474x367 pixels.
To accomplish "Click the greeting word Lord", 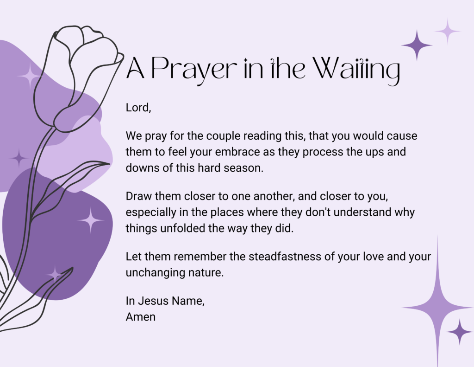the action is click(137, 108).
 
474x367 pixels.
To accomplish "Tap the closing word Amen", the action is click(141, 317).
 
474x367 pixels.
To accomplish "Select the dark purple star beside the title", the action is click(417, 45).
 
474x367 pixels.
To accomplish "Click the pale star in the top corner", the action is click(448, 31).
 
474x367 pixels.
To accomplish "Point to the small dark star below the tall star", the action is click(460, 332).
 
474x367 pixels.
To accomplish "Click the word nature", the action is click(206, 273).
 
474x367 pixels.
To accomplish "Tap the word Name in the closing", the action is click(188, 301).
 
